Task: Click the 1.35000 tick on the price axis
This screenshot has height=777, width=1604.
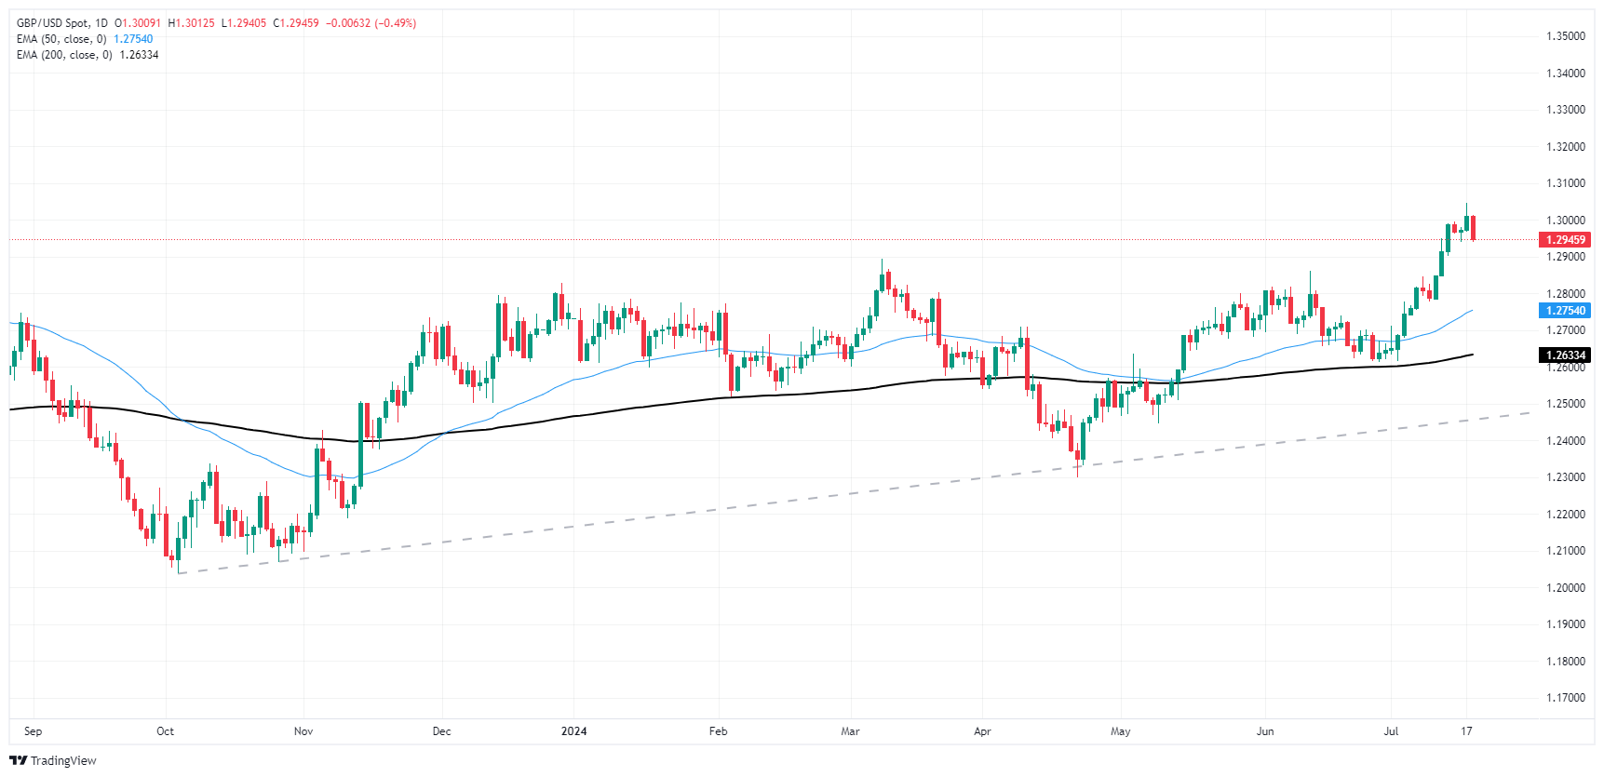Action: [x=1565, y=36]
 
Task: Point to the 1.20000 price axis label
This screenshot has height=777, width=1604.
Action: [x=1565, y=587]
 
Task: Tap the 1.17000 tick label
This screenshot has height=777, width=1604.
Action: [x=1565, y=698]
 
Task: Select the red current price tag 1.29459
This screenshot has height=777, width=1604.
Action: [x=1566, y=240]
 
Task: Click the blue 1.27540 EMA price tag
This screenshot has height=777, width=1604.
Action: [x=1566, y=311]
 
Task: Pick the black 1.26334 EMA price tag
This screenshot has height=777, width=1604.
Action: [x=1566, y=355]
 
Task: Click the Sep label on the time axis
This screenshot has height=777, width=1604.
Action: [x=34, y=731]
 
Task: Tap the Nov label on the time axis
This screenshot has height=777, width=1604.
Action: [x=303, y=731]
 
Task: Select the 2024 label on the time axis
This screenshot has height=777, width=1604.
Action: [x=573, y=731]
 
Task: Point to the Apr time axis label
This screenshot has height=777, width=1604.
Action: [x=982, y=731]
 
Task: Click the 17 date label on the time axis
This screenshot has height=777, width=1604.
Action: [x=1466, y=731]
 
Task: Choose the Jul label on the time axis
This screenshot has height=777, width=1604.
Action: [x=1391, y=731]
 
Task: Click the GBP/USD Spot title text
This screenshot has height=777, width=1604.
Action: [x=53, y=23]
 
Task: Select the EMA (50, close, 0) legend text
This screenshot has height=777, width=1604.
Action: [x=61, y=39]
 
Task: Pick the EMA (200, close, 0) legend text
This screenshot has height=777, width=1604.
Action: [x=64, y=55]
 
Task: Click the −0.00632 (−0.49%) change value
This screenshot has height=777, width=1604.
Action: [x=371, y=23]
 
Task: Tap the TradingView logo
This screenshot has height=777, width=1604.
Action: [x=53, y=760]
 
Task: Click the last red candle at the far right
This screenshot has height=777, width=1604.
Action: [x=1473, y=228]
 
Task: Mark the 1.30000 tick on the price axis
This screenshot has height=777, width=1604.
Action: [x=1565, y=221]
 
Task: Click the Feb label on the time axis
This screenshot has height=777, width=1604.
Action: [x=718, y=731]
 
